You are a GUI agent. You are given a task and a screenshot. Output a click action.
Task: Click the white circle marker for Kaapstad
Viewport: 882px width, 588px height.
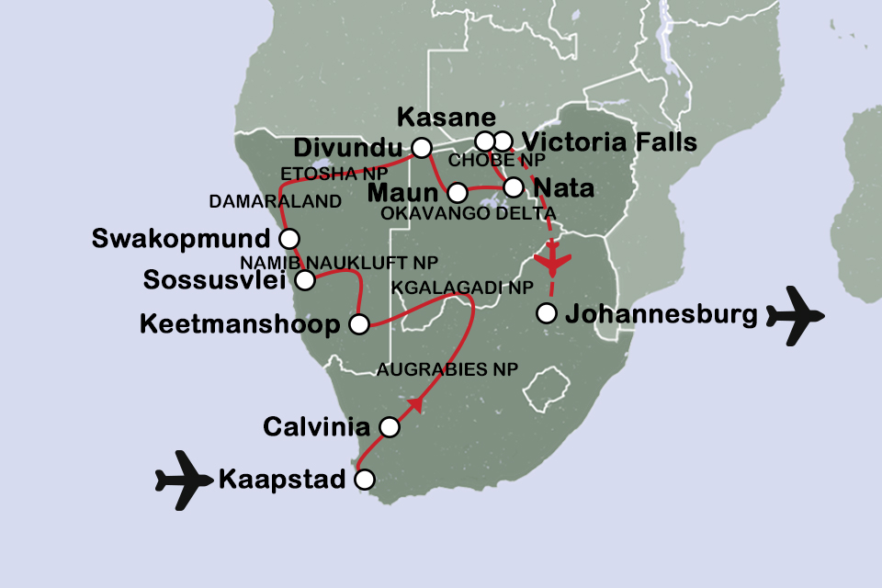365,479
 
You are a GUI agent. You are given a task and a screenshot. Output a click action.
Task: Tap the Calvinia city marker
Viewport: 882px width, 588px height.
390,426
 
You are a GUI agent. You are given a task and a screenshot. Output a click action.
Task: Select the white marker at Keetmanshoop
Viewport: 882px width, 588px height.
359,323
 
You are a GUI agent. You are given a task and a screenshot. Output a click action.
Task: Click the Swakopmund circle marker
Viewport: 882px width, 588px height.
288,238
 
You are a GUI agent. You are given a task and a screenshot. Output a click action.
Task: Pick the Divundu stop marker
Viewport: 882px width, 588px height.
421,147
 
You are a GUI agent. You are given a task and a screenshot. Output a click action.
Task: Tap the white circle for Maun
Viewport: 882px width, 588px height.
457,192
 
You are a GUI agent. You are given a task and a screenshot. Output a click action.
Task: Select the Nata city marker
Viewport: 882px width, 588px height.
514,187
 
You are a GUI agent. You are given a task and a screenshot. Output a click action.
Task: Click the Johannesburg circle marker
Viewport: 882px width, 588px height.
547,313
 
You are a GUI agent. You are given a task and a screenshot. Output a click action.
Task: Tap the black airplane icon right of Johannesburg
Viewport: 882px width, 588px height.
795,315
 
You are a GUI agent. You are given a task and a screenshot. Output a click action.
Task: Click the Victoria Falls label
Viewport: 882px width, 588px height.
608,142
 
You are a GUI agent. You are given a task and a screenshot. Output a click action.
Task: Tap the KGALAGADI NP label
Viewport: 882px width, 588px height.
462,288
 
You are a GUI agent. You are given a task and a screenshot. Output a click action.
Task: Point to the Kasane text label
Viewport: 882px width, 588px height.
446,118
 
